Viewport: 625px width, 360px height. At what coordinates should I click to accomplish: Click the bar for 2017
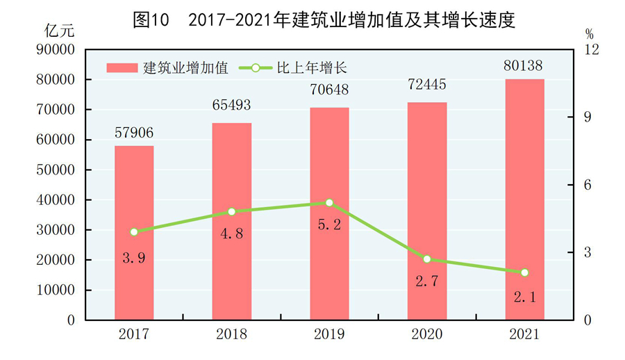coord(134,233)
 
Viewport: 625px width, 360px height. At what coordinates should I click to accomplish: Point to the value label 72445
coord(427,85)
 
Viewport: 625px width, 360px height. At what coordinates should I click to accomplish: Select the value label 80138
coord(524,65)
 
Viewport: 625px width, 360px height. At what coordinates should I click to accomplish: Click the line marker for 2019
coord(329,203)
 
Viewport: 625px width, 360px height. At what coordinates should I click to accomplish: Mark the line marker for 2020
coord(427,259)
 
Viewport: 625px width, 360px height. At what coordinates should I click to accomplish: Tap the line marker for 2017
coord(134,232)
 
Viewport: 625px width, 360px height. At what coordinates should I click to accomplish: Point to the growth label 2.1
coord(524,297)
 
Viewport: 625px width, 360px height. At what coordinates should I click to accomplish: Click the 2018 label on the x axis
coord(231,335)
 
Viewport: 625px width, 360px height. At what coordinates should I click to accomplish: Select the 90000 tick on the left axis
coord(55,50)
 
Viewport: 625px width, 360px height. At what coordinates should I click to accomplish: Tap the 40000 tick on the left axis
coord(55,200)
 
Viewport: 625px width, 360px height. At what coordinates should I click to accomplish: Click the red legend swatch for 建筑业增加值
coord(122,67)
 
